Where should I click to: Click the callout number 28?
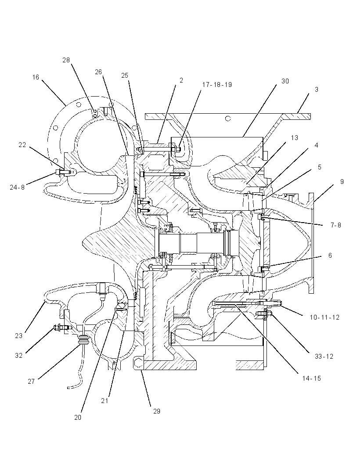click(66, 60)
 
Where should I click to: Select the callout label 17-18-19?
click(217, 85)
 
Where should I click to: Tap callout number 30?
click(285, 81)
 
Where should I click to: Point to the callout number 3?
click(317, 89)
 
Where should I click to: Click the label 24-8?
click(17, 187)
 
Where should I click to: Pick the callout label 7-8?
click(336, 225)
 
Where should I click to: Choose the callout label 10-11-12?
click(324, 317)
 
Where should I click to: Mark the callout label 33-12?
click(324, 356)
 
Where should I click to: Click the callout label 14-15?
click(312, 378)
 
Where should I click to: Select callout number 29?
click(157, 411)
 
